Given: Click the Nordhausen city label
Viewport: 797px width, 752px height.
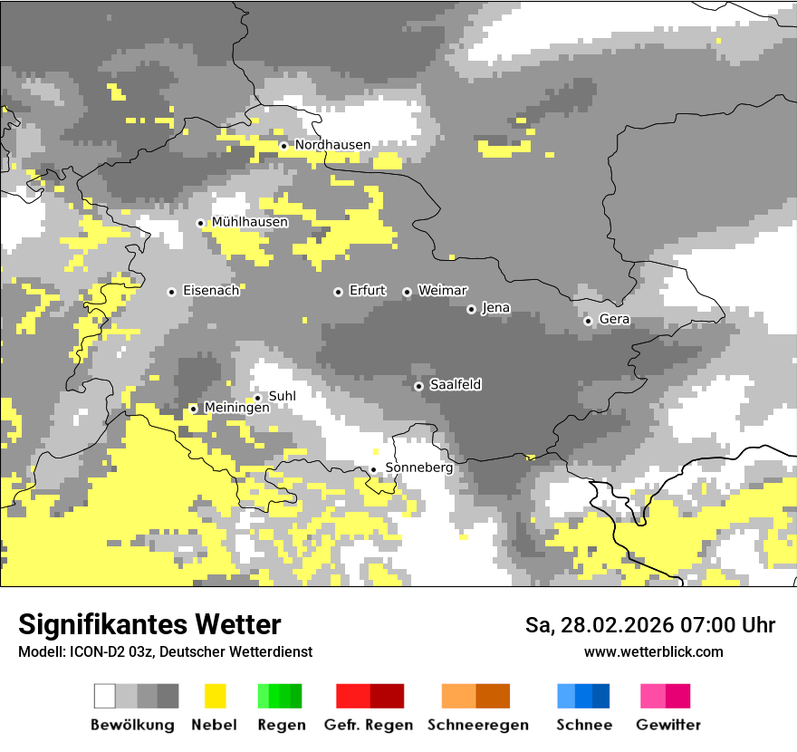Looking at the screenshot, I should [x=332, y=145].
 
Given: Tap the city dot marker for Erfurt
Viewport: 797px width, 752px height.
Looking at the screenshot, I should [x=338, y=292].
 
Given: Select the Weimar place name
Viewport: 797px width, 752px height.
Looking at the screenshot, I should [x=442, y=291].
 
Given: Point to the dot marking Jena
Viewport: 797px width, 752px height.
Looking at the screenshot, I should [x=471, y=309].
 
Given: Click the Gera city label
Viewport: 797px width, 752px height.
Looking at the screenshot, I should [x=614, y=320].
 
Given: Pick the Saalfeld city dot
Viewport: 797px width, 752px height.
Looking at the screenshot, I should [x=418, y=386].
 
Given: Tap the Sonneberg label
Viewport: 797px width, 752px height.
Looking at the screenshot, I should [x=418, y=468].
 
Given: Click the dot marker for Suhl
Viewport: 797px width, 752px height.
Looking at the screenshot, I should [x=257, y=398].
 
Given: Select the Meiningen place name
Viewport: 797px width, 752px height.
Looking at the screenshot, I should [x=236, y=409].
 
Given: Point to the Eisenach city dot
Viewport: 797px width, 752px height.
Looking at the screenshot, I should [x=171, y=292].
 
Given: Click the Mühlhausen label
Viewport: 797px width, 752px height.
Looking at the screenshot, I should [x=250, y=222].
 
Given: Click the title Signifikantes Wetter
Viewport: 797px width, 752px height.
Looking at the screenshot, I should [x=149, y=625].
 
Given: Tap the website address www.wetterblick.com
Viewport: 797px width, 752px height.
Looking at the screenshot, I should [x=653, y=652].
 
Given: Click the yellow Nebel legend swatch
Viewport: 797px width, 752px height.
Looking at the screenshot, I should [x=215, y=696].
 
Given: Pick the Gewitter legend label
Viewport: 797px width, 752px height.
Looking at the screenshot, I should [x=667, y=725].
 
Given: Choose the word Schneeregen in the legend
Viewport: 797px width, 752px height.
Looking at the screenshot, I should [x=477, y=725].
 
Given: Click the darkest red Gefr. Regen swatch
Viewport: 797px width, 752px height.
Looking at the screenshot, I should [x=387, y=696].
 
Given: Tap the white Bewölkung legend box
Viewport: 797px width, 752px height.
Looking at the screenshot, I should [x=105, y=696].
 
